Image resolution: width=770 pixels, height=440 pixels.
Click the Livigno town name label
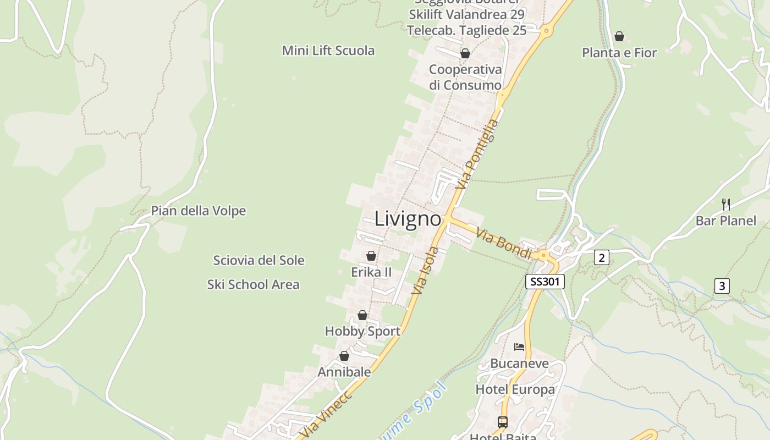408,219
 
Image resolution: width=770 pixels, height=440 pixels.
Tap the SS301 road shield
545,282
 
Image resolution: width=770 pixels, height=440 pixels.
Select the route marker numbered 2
602,257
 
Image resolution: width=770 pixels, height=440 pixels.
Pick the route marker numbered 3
722,286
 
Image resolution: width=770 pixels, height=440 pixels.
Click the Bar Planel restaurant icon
726,205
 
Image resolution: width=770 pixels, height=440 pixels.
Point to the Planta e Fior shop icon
619,36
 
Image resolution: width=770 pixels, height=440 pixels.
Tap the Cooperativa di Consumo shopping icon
465,53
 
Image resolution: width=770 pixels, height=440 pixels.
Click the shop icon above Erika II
371,256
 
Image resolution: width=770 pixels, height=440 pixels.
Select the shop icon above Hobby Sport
362,315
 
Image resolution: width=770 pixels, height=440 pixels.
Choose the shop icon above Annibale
344,356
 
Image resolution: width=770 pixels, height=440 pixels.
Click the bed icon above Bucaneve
519,347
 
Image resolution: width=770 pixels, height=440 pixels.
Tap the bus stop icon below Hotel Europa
503,422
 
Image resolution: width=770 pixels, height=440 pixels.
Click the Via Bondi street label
504,244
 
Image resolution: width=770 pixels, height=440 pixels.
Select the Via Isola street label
425,271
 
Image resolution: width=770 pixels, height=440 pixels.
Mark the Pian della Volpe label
199,211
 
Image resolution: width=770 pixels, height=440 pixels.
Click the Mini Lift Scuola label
328,51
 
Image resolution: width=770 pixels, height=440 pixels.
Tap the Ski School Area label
253,284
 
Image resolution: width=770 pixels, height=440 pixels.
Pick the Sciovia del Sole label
258,260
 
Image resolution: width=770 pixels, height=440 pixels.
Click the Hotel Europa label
515,390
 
